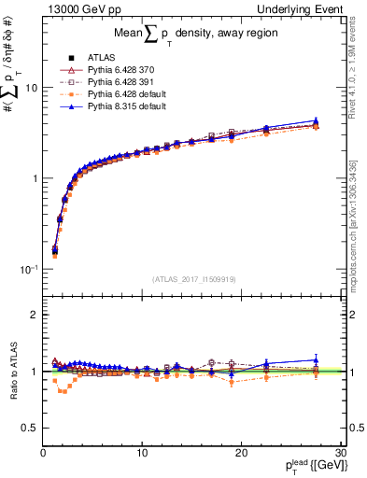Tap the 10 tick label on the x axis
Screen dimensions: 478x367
click(142, 453)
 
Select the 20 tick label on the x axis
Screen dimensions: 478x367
click(241, 453)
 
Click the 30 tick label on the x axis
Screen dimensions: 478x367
click(339, 453)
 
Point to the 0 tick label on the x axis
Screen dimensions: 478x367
click(43, 453)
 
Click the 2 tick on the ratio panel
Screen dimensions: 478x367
click(33, 315)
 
